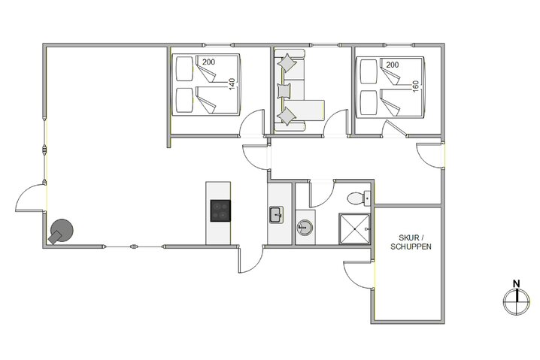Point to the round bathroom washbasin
pyautogui.click(x=305, y=227)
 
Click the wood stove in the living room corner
pyautogui.click(x=62, y=231)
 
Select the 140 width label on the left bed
pyautogui.click(x=232, y=83)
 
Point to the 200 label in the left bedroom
pyautogui.click(x=208, y=62)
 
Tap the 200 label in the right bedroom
pyautogui.click(x=392, y=65)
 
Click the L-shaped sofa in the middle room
pyautogui.click(x=298, y=94)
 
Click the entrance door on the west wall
pyautogui.click(x=30, y=200)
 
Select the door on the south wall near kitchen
pyautogui.click(x=250, y=260)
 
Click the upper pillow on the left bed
pyautogui.click(x=185, y=71)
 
